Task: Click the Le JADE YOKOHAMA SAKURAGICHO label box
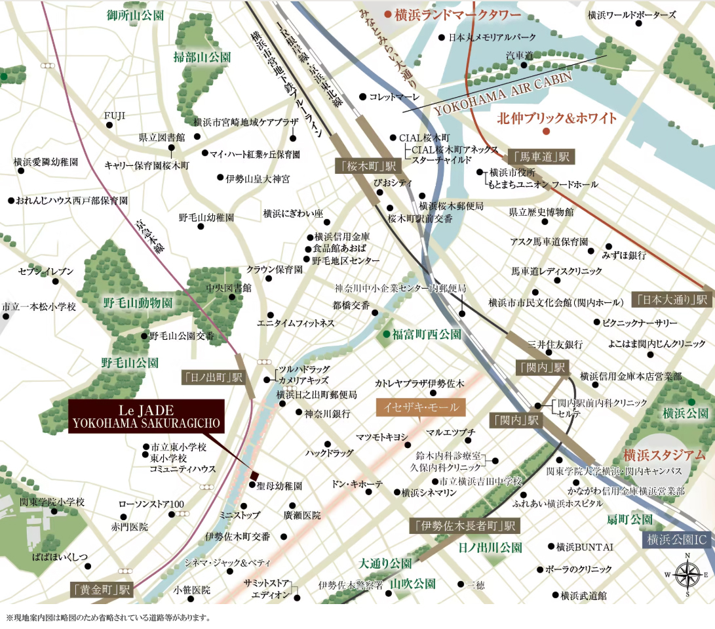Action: click(x=147, y=415)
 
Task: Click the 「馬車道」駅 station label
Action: click(x=541, y=156)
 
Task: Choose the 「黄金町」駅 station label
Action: click(x=102, y=589)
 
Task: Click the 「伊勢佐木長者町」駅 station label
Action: click(x=464, y=525)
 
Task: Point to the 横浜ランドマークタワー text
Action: click(x=457, y=14)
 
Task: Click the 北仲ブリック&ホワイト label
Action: click(x=557, y=118)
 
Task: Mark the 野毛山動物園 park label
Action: click(x=138, y=302)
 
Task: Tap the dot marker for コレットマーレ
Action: click(x=362, y=96)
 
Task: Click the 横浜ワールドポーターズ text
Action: click(x=629, y=14)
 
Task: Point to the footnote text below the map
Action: click(x=108, y=617)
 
